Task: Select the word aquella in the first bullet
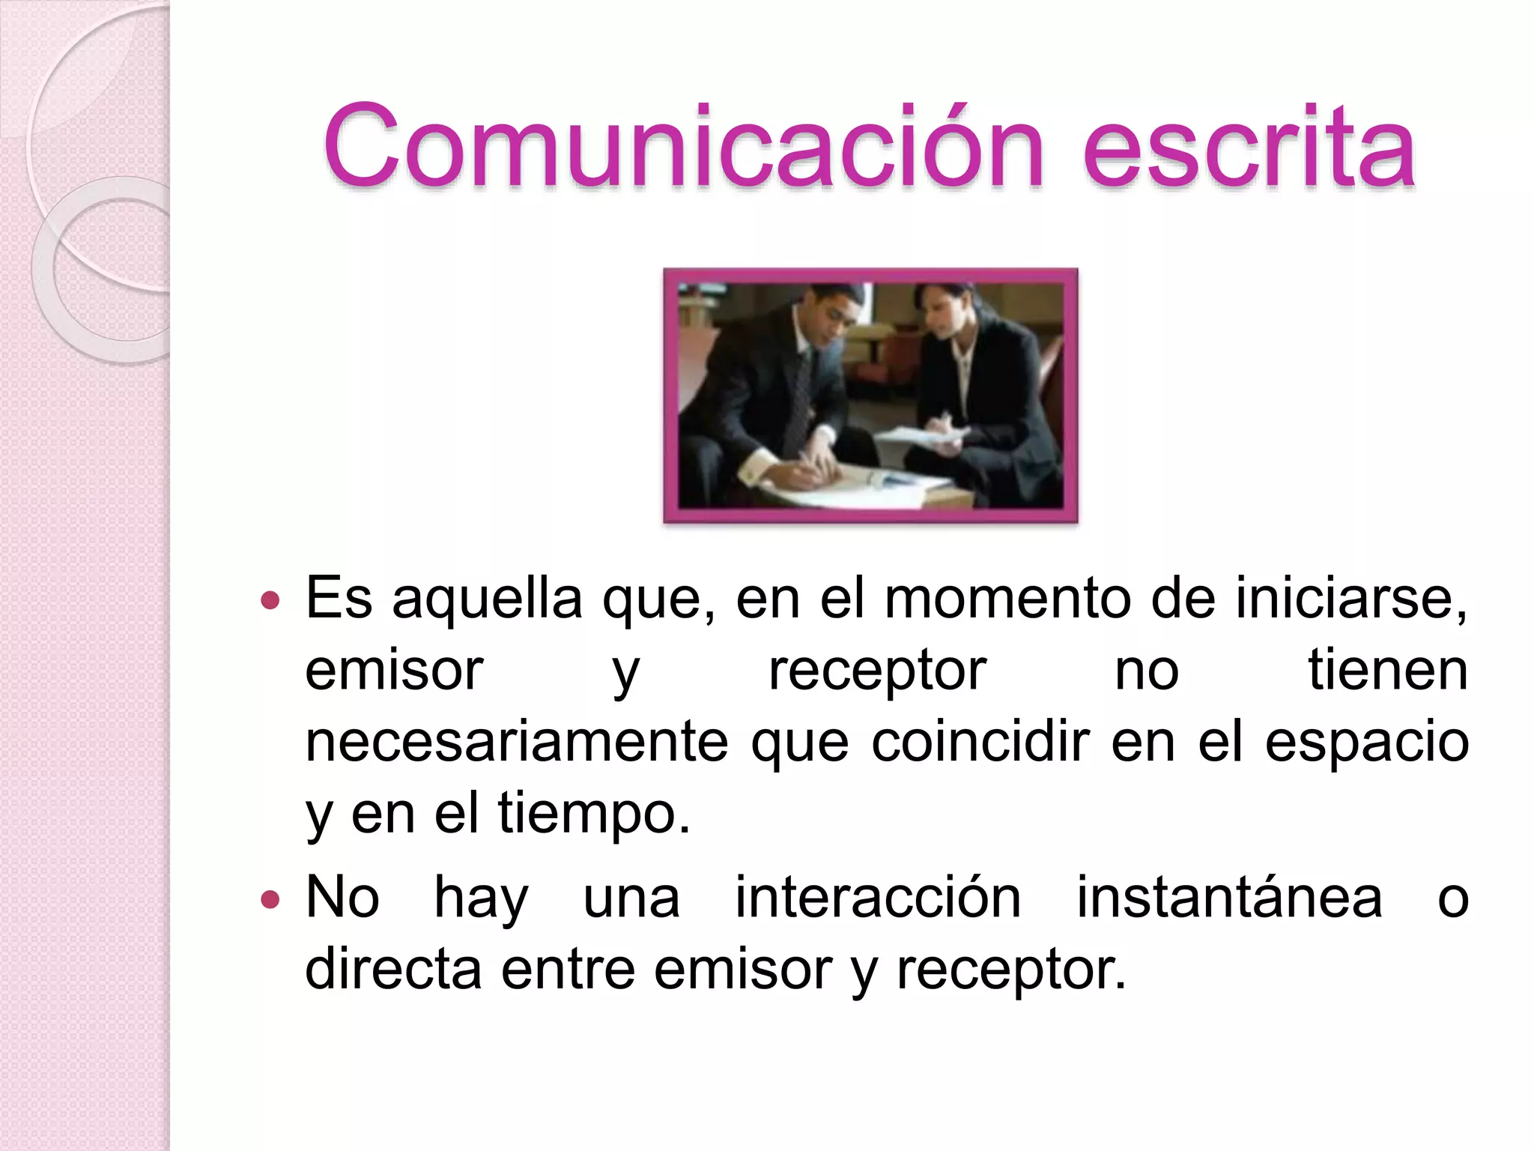487,600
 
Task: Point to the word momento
1007,599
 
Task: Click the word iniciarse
1349,599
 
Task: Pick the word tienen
1387,670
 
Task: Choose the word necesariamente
517,743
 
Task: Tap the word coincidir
980,741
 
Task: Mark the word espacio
1366,743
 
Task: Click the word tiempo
592,814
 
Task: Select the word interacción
878,897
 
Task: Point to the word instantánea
1229,897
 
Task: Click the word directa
393,969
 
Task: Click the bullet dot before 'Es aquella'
270,600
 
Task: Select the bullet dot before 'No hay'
270,898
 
